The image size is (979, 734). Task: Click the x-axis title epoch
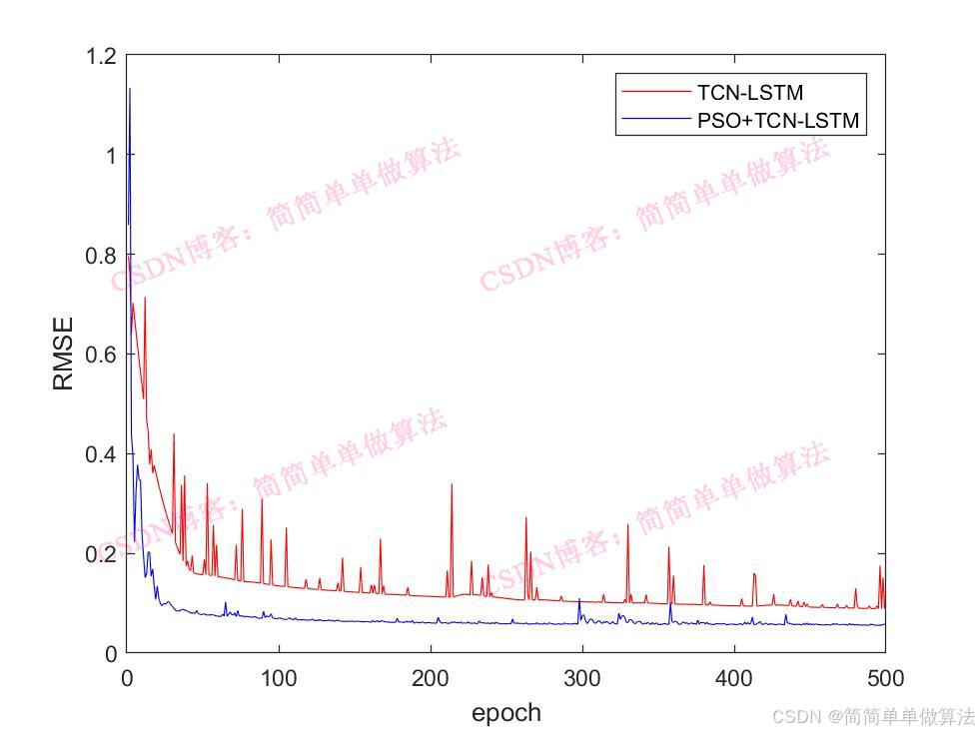point(505,713)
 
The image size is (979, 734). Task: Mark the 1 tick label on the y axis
point(108,156)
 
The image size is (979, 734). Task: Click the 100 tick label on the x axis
point(279,679)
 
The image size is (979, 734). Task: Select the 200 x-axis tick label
point(431,679)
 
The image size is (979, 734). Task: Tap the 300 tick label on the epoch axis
point(582,679)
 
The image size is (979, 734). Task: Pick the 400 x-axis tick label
point(734,679)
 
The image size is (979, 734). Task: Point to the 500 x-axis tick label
point(885,679)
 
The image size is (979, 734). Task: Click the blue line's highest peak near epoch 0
point(130,90)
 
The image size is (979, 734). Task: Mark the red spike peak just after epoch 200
point(452,484)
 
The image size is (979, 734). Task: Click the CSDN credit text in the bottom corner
point(873,716)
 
